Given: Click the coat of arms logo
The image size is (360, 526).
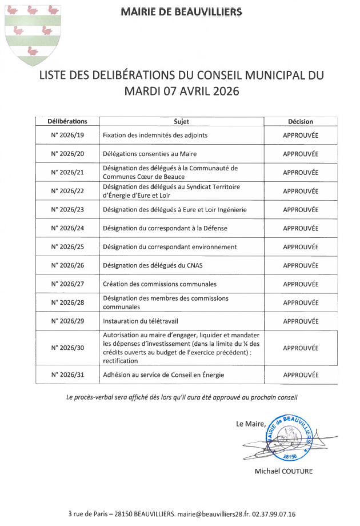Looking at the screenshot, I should pyautogui.click(x=31, y=34).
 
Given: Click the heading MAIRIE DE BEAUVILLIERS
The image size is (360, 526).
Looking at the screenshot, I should pyautogui.click(x=181, y=11).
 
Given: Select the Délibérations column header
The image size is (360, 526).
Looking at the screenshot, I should pyautogui.click(x=67, y=121).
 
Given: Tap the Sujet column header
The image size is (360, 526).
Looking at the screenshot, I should pyautogui.click(x=181, y=121).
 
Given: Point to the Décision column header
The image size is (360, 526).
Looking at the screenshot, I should pyautogui.click(x=301, y=121).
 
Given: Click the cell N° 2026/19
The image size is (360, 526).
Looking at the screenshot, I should pyautogui.click(x=67, y=136).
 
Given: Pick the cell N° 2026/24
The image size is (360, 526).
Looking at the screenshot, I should pyautogui.click(x=67, y=228).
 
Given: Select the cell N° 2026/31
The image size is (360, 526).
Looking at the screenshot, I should pyautogui.click(x=67, y=375).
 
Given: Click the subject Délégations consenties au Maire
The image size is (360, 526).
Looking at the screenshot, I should pyautogui.click(x=150, y=154).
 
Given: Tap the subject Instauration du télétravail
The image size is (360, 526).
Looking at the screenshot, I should pyautogui.click(x=145, y=321).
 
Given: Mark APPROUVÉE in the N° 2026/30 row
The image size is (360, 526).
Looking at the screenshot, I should pyautogui.click(x=301, y=348).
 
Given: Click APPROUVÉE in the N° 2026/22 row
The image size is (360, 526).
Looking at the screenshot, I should pyautogui.click(x=301, y=191).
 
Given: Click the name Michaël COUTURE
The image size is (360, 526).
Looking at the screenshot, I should pyautogui.click(x=284, y=471).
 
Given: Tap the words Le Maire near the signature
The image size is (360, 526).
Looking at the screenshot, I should pyautogui.click(x=250, y=424).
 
